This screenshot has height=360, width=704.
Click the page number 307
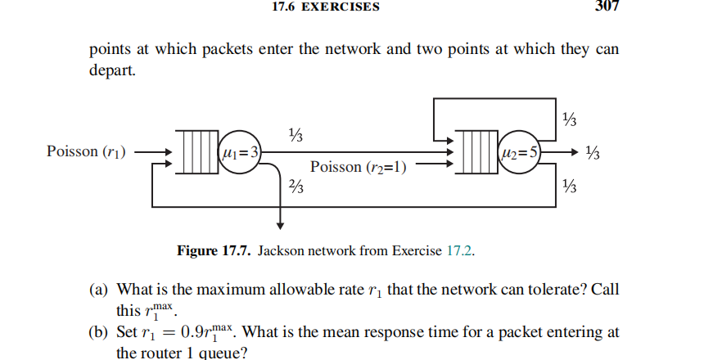coord(604,7)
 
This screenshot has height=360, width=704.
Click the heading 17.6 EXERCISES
coord(324,7)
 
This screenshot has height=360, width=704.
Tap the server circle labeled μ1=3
coord(241,152)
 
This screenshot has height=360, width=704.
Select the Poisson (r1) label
coord(86,151)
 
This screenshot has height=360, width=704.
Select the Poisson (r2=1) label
coord(359,167)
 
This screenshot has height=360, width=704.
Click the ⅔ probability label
coord(296,187)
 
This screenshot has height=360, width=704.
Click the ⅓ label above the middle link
coord(296,134)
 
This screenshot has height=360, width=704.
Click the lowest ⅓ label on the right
coord(571,187)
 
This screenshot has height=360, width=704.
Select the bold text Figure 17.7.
coord(214,251)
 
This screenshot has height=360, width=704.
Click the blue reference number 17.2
coord(460,251)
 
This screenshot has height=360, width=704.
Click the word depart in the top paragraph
coord(108,70)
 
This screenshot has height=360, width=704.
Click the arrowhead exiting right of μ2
coord(577,152)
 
